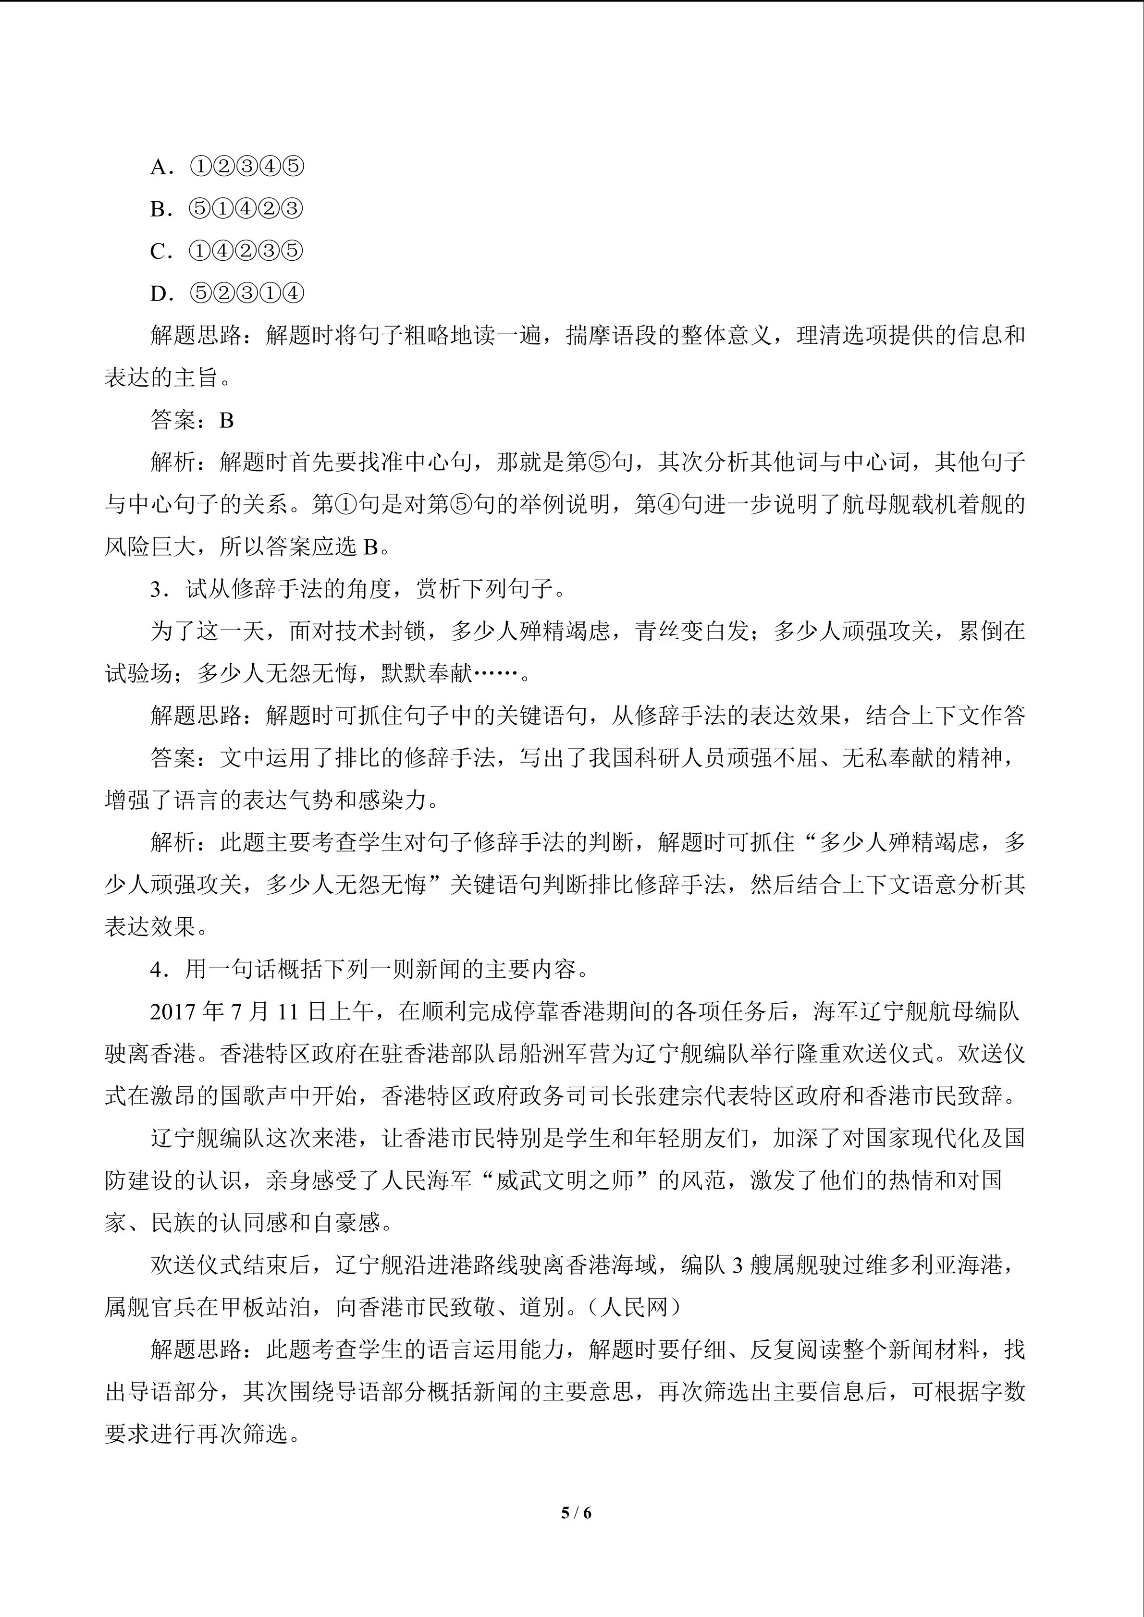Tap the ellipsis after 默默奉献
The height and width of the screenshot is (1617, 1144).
pos(495,674)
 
